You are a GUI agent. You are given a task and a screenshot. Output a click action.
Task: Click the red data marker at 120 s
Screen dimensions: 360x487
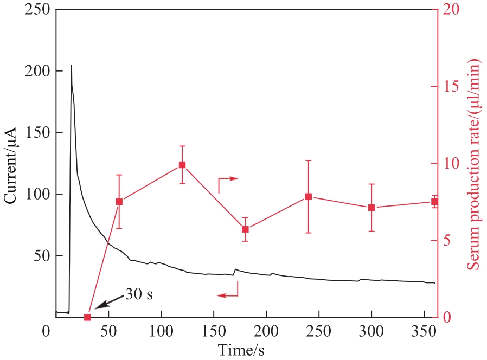(x=182, y=165)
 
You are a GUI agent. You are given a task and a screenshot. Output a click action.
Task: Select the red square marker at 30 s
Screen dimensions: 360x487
(x=87, y=317)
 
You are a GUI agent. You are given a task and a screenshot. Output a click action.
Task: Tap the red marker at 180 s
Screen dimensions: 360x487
(x=245, y=229)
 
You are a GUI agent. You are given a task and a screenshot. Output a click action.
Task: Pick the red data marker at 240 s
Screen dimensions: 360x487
(x=308, y=196)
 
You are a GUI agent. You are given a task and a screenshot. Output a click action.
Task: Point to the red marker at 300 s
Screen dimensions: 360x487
(x=371, y=208)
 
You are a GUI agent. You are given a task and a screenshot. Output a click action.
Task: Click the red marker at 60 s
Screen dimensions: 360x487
(x=119, y=202)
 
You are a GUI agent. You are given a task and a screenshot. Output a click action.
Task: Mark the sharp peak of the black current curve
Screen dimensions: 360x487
(x=71, y=66)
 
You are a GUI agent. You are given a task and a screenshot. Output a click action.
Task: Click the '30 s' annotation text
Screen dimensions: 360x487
(x=139, y=294)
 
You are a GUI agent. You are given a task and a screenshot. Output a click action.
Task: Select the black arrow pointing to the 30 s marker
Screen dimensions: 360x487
(x=108, y=304)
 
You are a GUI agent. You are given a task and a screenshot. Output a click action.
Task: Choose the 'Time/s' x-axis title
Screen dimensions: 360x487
(x=241, y=350)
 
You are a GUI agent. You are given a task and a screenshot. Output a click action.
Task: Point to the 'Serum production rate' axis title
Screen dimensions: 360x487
(x=476, y=163)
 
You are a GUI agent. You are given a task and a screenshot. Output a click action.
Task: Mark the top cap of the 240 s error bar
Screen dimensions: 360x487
(x=308, y=160)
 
